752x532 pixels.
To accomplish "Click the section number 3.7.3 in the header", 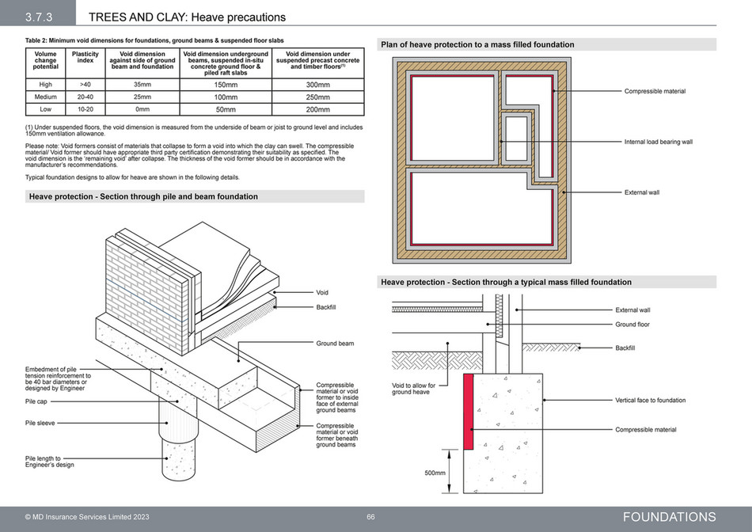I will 38,17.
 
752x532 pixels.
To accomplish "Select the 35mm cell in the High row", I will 142,84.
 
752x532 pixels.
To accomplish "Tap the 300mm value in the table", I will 317,85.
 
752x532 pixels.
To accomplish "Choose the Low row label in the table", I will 45,109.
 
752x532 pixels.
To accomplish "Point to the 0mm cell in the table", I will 142,109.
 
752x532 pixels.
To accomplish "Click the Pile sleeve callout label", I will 40,424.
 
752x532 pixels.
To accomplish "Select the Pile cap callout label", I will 36,401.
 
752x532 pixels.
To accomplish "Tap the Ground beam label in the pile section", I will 335,344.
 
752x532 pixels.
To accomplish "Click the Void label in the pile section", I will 322,292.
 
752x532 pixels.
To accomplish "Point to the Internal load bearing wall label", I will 658,142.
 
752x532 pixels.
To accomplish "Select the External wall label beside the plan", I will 642,192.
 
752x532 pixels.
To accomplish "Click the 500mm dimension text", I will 435,473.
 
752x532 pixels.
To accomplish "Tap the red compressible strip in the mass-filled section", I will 468,412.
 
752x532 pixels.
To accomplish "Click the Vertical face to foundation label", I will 650,401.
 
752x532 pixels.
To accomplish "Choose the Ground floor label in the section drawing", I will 632,325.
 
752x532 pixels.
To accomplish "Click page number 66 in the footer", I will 370,517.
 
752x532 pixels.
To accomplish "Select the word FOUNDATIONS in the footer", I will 669,517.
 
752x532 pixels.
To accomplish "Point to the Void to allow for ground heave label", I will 414,389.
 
